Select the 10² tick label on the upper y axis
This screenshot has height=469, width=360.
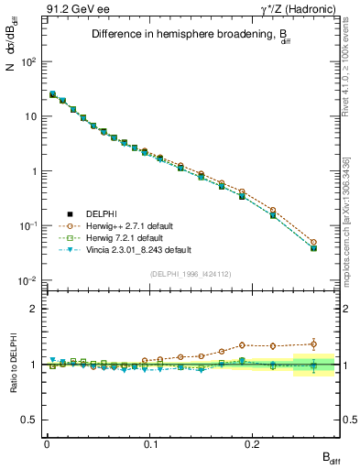pos(28,61)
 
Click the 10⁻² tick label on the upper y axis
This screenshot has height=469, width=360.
pos(28,280)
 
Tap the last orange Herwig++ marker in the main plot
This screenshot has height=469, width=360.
pos(313,243)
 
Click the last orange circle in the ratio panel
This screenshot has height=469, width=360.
pos(313,344)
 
